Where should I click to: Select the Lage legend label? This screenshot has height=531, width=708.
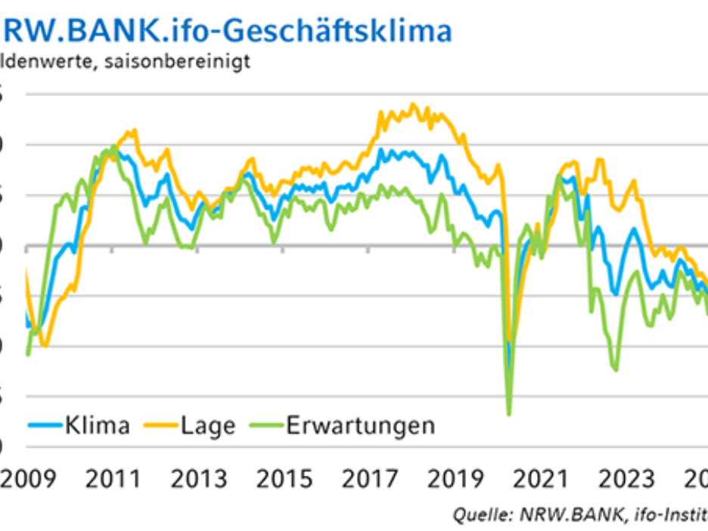[208, 425]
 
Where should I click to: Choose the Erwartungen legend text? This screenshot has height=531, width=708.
[360, 425]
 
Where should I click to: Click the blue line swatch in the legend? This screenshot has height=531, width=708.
[45, 426]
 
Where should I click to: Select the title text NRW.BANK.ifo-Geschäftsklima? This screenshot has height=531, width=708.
[227, 30]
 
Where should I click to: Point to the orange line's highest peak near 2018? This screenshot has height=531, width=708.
[413, 104]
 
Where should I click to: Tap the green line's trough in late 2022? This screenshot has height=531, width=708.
[615, 370]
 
